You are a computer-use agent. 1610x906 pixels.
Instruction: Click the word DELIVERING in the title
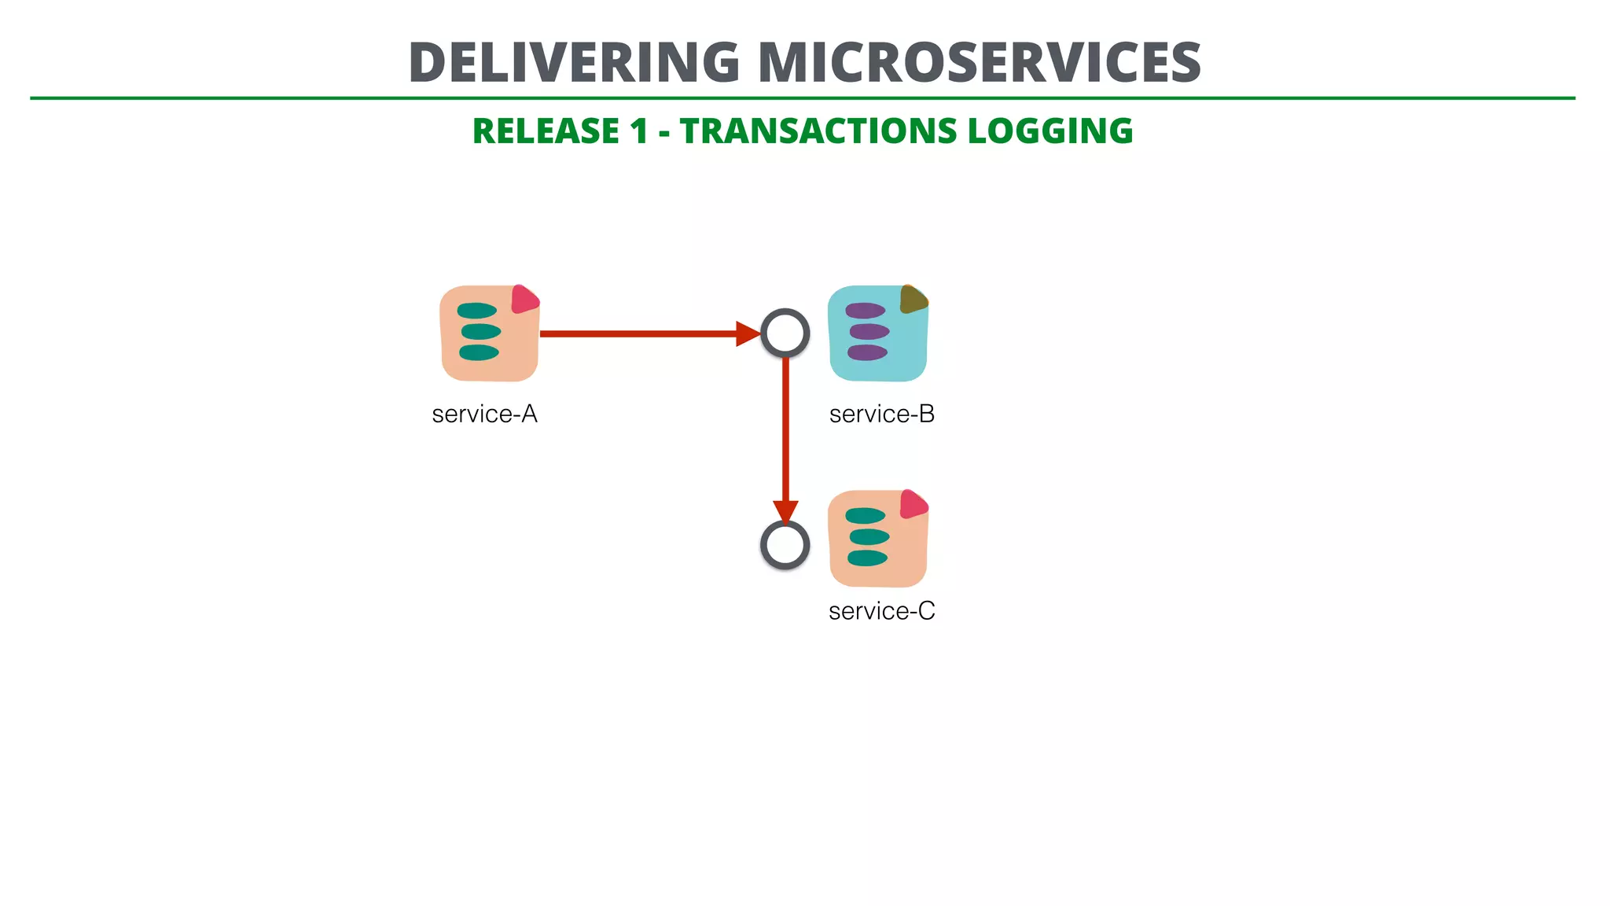574,62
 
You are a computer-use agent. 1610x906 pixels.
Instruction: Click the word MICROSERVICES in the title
980,62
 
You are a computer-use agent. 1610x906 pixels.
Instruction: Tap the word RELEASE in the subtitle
546,131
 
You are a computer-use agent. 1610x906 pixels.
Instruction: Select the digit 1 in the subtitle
638,131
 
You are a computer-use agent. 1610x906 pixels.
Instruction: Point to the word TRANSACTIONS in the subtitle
818,131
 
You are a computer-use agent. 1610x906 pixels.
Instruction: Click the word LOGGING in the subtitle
1050,131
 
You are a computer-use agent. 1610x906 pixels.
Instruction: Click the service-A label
484,414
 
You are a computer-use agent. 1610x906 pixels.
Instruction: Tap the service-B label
882,414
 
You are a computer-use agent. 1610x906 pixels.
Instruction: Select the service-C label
882,611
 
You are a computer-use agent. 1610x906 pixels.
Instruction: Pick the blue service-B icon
877,333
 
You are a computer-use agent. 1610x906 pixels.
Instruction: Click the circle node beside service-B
785,333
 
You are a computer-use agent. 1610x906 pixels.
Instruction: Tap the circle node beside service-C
785,545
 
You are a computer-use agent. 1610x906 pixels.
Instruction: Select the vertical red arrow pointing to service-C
785,433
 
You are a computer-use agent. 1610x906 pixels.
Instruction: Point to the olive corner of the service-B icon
913,299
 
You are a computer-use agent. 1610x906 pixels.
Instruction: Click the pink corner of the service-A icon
524,300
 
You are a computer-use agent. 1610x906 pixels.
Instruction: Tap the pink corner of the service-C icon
913,504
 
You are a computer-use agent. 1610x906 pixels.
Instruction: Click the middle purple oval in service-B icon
869,331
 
